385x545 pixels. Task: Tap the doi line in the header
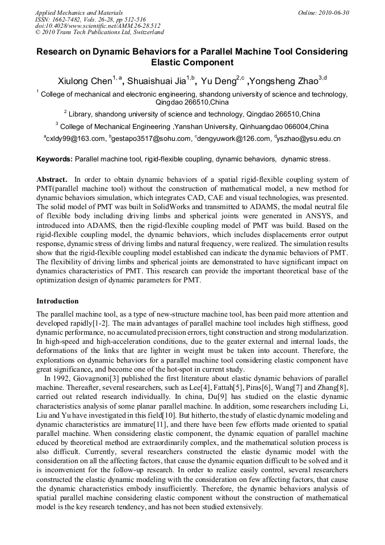[x=98, y=26]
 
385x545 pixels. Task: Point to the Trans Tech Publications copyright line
[x=99, y=32]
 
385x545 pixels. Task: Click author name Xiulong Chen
[x=84, y=81]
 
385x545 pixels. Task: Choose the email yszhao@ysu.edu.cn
[x=309, y=139]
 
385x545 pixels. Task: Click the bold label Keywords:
[x=55, y=160]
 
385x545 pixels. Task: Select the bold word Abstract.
[x=52, y=179]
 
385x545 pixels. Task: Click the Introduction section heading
[x=57, y=301]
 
